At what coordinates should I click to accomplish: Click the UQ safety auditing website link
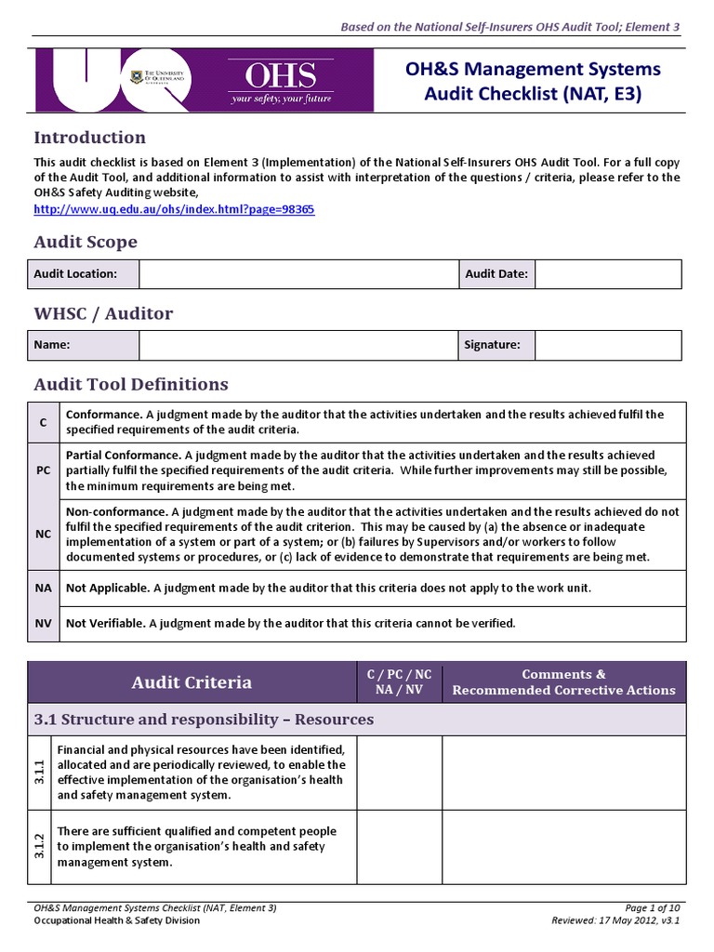tap(174, 209)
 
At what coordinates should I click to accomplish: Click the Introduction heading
tap(89, 138)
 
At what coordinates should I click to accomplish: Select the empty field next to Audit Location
tap(298, 273)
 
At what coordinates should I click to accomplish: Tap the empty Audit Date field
tap(608, 273)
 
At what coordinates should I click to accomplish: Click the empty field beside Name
tap(298, 345)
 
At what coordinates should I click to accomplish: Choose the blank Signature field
tap(608, 345)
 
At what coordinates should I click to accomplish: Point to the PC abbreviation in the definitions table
tap(44, 470)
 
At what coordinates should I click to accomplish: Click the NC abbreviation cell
tap(44, 534)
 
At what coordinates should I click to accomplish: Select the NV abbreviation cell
tap(44, 623)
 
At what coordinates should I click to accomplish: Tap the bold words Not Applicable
tap(107, 588)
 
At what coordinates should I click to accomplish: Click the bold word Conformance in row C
tap(103, 415)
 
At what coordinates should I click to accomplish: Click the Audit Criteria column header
tap(192, 682)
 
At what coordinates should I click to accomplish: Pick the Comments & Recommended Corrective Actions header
tap(563, 682)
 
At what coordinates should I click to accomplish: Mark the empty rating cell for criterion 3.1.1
tap(399, 772)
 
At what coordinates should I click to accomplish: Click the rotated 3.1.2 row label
tap(40, 847)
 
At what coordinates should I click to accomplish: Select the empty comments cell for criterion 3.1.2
tap(563, 847)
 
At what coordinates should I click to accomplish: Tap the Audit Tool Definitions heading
tap(131, 384)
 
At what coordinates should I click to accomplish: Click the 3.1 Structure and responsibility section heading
tap(204, 720)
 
